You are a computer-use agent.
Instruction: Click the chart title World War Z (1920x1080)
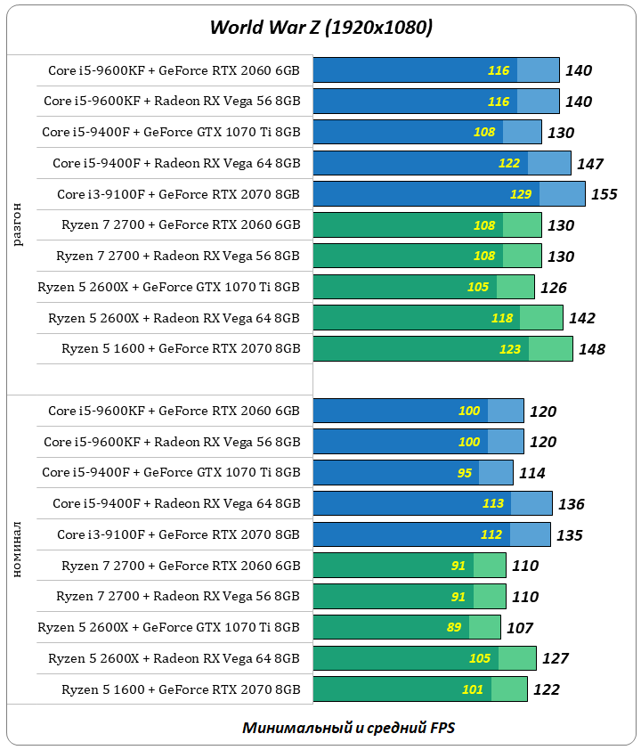pos(320,28)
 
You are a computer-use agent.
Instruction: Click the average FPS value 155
pos(604,194)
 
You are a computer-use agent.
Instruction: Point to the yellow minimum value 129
pos(521,194)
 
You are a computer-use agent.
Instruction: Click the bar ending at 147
pos(442,163)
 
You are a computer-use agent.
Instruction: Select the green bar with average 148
pos(442,348)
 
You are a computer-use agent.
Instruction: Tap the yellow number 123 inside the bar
pos(510,349)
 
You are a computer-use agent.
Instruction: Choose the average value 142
pos(581,318)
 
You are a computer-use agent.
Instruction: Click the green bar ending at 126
pos(423,287)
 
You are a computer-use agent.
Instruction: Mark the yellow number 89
pos(454,627)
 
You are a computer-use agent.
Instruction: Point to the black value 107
pos(519,628)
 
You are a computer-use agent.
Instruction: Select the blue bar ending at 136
pos(432,503)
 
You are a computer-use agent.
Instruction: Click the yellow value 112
pos(491,534)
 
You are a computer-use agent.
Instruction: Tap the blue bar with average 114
pos(412,472)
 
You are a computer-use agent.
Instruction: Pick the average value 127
pos(555,659)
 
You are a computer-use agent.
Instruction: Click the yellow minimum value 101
pos(473,689)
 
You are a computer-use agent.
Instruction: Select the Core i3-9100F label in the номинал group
pos(178,534)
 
